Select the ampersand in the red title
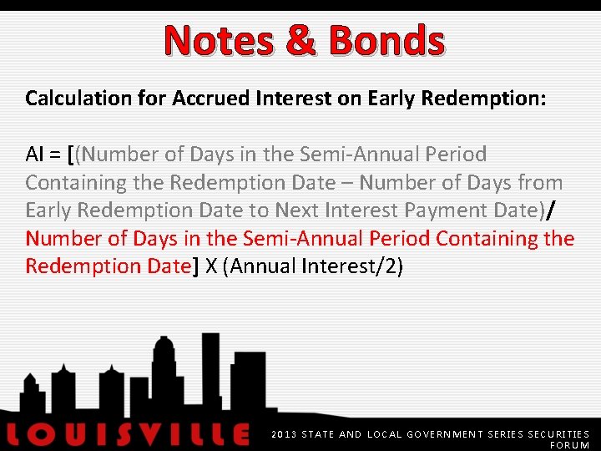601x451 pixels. click(297, 40)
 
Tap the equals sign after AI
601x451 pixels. click(56, 155)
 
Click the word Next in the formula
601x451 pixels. click(298, 210)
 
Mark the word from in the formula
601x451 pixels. click(540, 183)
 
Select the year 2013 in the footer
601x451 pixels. click(284, 434)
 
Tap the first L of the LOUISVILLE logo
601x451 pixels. click(17, 434)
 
